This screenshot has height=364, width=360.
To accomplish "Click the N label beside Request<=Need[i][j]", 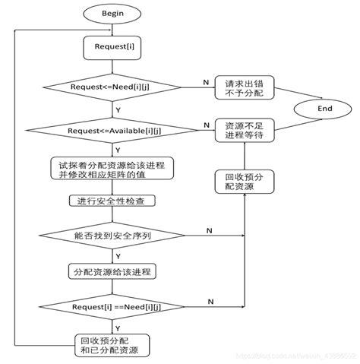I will pos(205,80).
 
